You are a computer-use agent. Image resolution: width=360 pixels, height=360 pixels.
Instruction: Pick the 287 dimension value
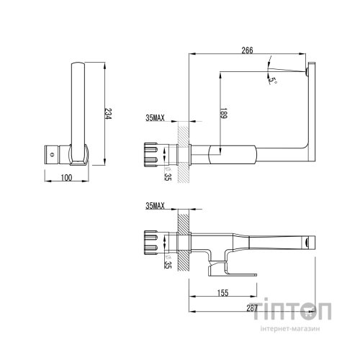[251, 310]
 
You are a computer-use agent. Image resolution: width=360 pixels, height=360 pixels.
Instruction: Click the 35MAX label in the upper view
[156, 117]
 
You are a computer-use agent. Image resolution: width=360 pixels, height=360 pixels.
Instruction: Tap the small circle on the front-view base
[51, 153]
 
